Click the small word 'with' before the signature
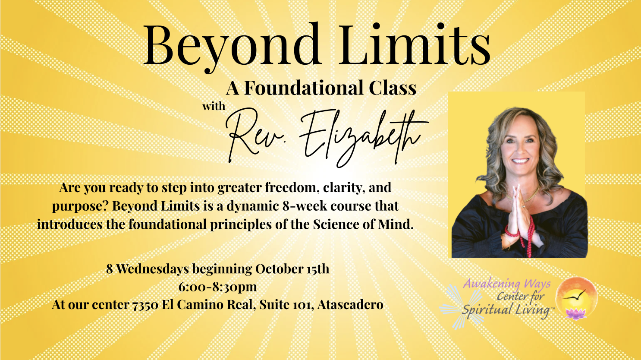pos(214,106)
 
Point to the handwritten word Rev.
pos(252,135)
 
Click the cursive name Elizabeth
pos(364,137)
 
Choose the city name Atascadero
pos(350,305)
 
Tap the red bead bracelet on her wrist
pos(512,231)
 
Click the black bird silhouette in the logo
pos(575,295)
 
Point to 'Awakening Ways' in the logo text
pos(507,284)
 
